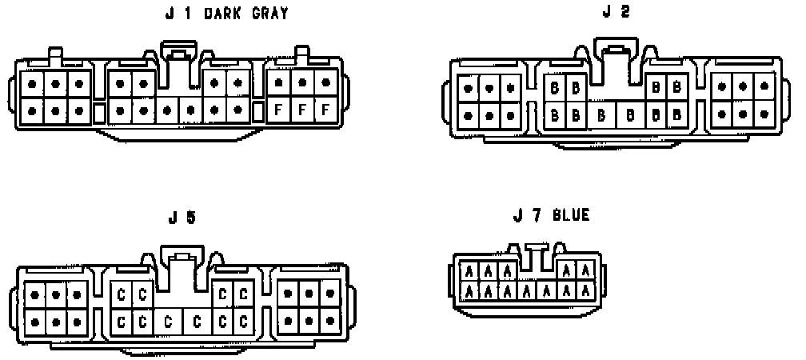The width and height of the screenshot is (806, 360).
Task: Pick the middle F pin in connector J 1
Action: [x=302, y=109]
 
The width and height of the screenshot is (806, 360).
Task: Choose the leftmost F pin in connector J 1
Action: [x=279, y=109]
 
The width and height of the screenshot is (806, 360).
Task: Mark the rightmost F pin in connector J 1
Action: [x=325, y=109]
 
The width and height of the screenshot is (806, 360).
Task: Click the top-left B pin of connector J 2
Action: [x=554, y=87]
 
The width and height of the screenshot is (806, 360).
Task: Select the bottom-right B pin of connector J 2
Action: [x=676, y=114]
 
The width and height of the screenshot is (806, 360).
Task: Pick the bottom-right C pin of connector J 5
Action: [x=244, y=322]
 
